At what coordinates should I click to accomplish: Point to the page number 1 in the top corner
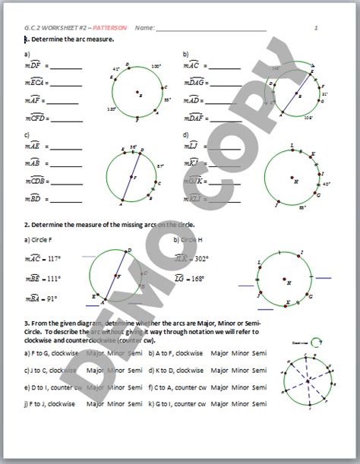tap(317, 27)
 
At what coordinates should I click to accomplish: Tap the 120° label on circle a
tap(112, 109)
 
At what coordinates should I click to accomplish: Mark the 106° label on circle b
tap(308, 118)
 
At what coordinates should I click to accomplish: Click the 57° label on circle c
tap(160, 164)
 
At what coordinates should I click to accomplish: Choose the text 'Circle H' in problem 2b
tap(194, 239)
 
